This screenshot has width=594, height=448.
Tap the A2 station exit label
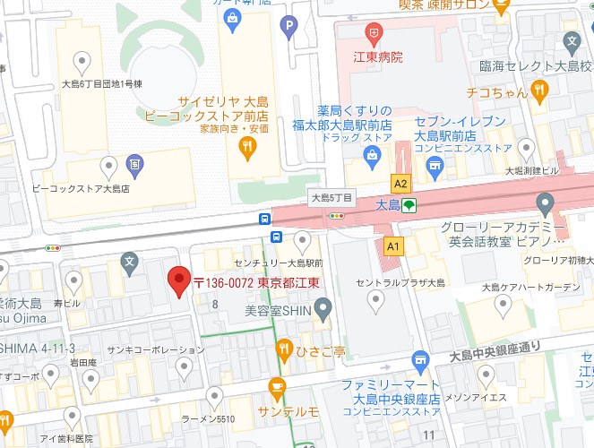[x=400, y=184]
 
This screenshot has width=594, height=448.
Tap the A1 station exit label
[x=392, y=245]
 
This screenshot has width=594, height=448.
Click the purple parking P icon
[x=288, y=27]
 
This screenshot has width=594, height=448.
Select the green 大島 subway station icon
[x=409, y=205]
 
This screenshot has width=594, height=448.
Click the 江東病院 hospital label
[x=376, y=57]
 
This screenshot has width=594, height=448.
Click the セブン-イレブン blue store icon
[x=435, y=164]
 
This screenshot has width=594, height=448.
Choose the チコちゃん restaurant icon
[x=538, y=90]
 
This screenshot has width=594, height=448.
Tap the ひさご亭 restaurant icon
[x=284, y=347]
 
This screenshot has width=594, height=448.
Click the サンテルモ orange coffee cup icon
[x=276, y=388]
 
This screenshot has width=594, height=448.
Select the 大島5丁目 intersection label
[x=331, y=196]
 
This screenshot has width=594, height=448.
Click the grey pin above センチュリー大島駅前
[x=303, y=238]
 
